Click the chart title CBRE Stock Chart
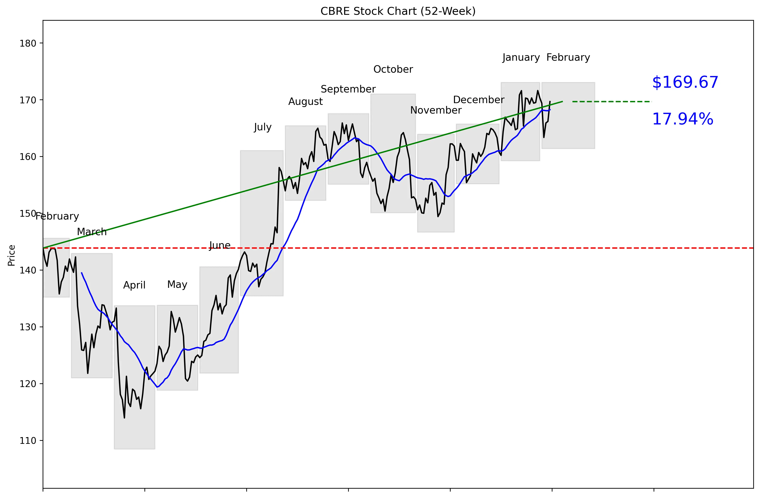click(x=398, y=11)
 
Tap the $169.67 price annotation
click(x=685, y=82)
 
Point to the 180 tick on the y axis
click(x=28, y=44)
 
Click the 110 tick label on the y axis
click(x=28, y=441)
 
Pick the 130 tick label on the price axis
click(x=28, y=327)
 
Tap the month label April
click(x=134, y=285)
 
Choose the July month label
click(x=262, y=127)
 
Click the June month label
click(x=220, y=245)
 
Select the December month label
click(x=478, y=100)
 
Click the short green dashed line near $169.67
click(x=612, y=102)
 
